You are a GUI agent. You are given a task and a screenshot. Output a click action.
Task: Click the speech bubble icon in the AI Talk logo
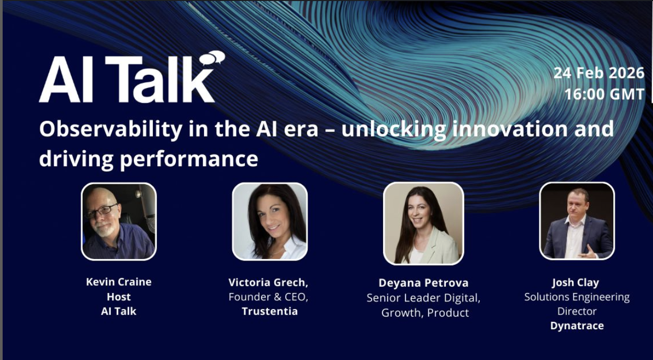pyautogui.click(x=212, y=57)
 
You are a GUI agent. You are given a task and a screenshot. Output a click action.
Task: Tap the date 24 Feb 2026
pyautogui.click(x=599, y=73)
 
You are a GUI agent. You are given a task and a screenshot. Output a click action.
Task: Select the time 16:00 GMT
pyautogui.click(x=604, y=94)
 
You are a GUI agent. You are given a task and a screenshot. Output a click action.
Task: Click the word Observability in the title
pyautogui.click(x=104, y=129)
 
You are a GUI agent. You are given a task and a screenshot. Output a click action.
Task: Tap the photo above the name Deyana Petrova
pyautogui.click(x=423, y=223)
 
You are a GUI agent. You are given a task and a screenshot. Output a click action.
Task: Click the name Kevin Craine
pyautogui.click(x=119, y=282)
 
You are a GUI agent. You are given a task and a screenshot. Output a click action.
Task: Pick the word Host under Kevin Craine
pyautogui.click(x=119, y=297)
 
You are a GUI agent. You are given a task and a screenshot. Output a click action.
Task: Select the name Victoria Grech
pyautogui.click(x=268, y=283)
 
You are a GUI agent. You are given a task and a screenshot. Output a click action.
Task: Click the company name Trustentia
pyautogui.click(x=269, y=311)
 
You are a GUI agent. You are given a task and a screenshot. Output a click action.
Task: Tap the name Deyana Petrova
pyautogui.click(x=423, y=283)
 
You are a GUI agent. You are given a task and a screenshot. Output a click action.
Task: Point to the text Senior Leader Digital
pyautogui.click(x=423, y=298)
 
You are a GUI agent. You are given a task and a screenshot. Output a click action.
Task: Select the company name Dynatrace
pyautogui.click(x=577, y=326)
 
